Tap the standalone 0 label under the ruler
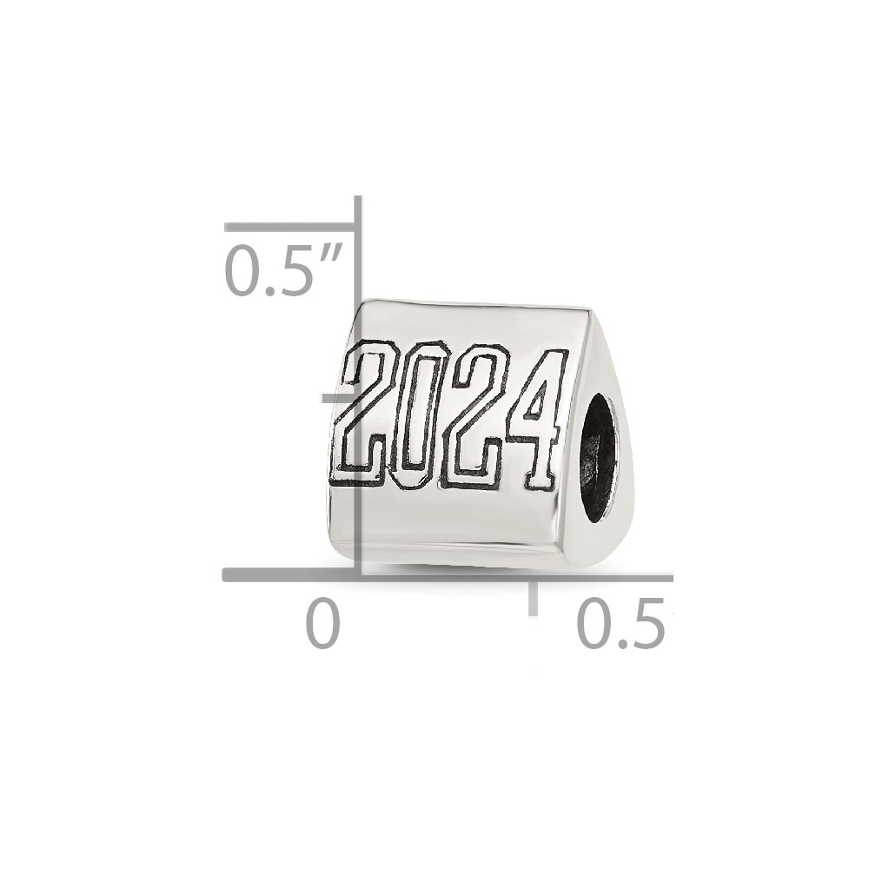(x=322, y=625)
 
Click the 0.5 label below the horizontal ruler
(x=620, y=625)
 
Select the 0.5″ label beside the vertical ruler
(x=282, y=270)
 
